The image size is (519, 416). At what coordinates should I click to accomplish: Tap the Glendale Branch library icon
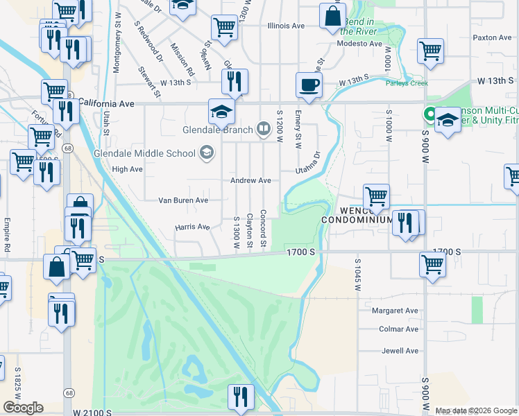click(x=263, y=128)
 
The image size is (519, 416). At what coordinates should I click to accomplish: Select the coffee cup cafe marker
click(x=309, y=85)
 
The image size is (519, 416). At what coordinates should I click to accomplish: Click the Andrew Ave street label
click(x=250, y=180)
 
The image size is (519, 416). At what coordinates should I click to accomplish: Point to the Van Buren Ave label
click(x=183, y=200)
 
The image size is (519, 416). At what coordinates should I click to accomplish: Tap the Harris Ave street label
click(x=192, y=227)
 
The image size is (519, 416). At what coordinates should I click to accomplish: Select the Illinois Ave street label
click(x=287, y=26)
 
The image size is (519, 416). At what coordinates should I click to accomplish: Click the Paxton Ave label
click(x=492, y=37)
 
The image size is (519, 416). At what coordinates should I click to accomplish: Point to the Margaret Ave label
click(x=395, y=311)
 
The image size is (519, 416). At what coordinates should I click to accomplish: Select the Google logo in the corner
click(x=23, y=408)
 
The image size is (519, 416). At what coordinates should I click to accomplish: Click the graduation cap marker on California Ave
click(x=221, y=112)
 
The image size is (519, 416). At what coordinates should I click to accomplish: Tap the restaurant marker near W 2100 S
click(x=241, y=397)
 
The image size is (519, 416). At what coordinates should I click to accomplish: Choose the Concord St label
click(x=263, y=228)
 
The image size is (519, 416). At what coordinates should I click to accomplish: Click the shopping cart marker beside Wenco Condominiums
click(x=376, y=196)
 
